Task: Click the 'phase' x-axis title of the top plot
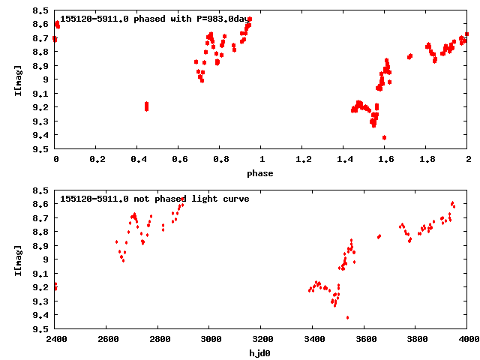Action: tap(261, 173)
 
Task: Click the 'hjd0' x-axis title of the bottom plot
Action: tap(261, 352)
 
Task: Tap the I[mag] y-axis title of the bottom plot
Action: tap(16, 259)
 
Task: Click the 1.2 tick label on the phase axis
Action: tap(303, 160)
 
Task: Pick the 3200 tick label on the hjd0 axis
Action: tap(262, 340)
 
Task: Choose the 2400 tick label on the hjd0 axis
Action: tap(55, 340)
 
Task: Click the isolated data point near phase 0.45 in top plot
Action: tap(146, 106)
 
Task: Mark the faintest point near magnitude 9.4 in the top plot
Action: tap(384, 137)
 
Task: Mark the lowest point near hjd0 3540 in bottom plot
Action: tap(347, 317)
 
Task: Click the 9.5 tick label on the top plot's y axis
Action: tap(41, 149)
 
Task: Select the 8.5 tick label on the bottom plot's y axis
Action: tap(41, 190)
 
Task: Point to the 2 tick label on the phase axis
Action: tap(468, 160)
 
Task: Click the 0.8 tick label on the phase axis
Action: tap(220, 160)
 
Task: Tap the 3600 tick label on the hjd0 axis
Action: tap(364, 340)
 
